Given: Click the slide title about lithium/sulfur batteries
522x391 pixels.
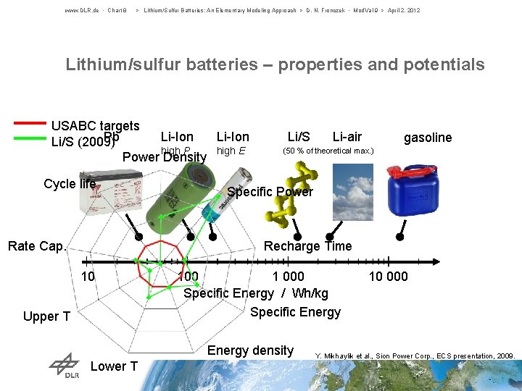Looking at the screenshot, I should pyautogui.click(x=275, y=64).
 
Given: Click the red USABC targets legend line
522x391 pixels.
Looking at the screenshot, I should pyautogui.click(x=30, y=123).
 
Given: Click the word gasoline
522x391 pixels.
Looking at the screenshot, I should pyautogui.click(x=428, y=138).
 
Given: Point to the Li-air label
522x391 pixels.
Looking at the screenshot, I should pyautogui.click(x=347, y=136).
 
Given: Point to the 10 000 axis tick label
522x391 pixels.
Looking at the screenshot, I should pyautogui.click(x=388, y=276).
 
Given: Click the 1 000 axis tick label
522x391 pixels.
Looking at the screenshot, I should pyautogui.click(x=288, y=276).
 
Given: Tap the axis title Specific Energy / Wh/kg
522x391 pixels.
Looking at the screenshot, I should pyautogui.click(x=255, y=293).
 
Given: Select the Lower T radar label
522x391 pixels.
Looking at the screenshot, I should pyautogui.click(x=114, y=366).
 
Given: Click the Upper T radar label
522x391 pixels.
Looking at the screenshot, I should pyautogui.click(x=46, y=316).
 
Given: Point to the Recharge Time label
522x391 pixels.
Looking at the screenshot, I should pyautogui.click(x=307, y=246).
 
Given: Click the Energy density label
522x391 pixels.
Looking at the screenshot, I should pyautogui.click(x=250, y=350).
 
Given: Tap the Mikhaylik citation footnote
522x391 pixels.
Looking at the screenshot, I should pyautogui.click(x=415, y=356).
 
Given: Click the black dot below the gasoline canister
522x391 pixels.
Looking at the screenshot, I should pyautogui.click(x=400, y=237).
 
